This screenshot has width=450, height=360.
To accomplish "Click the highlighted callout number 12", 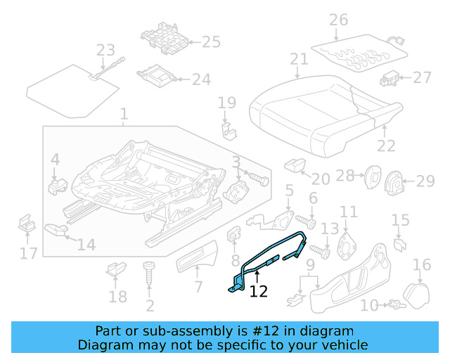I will (x=259, y=290).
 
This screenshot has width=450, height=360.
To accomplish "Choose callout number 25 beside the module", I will (x=211, y=42).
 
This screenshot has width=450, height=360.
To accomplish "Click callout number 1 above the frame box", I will (x=124, y=114).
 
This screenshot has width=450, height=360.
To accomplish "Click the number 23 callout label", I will (x=105, y=50).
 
